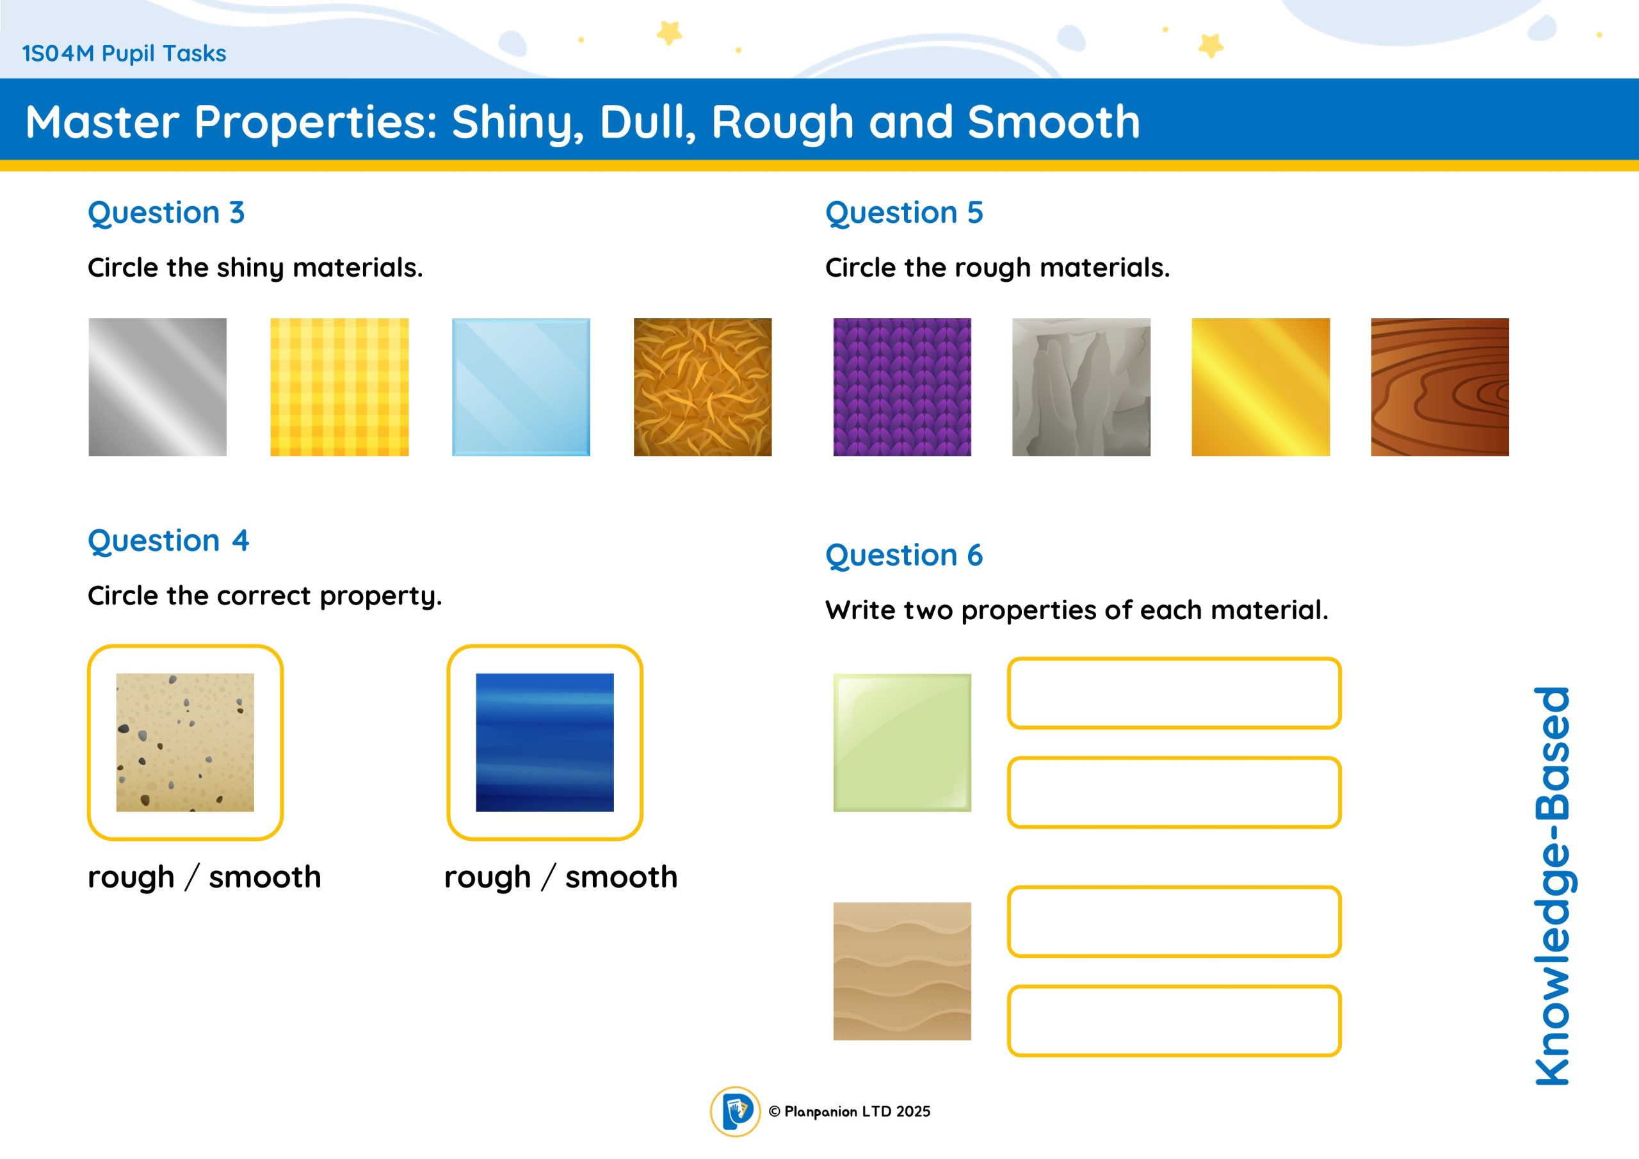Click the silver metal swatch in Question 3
[157, 387]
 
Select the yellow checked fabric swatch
[339, 387]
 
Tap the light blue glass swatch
[521, 387]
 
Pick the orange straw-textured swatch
[702, 387]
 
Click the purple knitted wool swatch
[902, 387]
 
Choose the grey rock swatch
[1081, 387]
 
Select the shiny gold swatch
[1261, 387]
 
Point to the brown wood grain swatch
[1440, 387]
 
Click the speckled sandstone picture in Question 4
[185, 742]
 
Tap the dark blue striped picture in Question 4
[545, 742]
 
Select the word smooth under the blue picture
[621, 876]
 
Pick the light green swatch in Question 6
[902, 743]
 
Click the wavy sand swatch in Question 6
[902, 971]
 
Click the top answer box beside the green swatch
[1174, 693]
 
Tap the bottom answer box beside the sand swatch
[1174, 1021]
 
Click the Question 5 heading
[905, 213]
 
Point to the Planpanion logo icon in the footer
[735, 1111]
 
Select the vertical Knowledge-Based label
[1553, 886]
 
